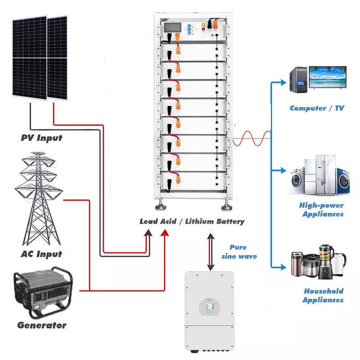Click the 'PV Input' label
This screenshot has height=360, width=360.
click(41, 138)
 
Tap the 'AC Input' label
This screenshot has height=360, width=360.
click(41, 254)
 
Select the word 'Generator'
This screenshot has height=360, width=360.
click(42, 325)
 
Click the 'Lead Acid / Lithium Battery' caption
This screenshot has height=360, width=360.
click(192, 221)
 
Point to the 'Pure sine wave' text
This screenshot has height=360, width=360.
click(239, 252)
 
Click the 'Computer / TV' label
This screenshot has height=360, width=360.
click(317, 108)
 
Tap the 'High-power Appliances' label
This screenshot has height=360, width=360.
click(322, 210)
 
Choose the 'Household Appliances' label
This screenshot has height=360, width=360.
click(323, 296)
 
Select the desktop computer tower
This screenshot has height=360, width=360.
click(298, 80)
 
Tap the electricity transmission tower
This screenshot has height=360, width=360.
click(39, 199)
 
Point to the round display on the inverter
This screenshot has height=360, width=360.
click(210, 307)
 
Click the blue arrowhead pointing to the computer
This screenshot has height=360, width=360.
click(283, 82)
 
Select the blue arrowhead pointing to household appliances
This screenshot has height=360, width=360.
click(283, 267)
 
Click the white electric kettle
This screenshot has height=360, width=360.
click(339, 264)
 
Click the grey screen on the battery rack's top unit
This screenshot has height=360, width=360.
click(172, 28)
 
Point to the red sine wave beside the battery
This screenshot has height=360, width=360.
click(252, 139)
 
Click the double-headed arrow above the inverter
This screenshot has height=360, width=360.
click(211, 252)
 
